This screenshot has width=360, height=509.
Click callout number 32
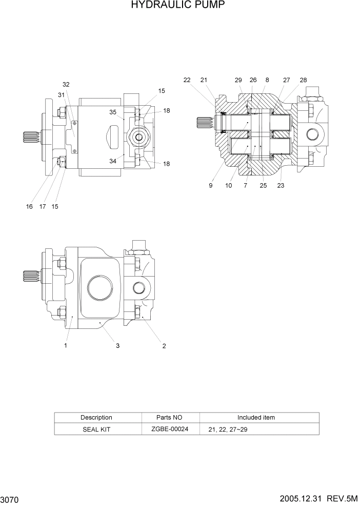click(66, 84)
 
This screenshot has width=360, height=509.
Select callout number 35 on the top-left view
click(113, 111)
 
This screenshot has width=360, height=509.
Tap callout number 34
click(113, 161)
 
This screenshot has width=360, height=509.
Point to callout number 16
click(29, 206)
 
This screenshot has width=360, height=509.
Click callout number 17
click(42, 206)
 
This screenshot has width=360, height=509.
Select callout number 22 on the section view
click(187, 80)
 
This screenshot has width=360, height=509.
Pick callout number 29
click(238, 80)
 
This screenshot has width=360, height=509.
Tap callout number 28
click(303, 80)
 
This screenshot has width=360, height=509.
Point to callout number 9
click(210, 186)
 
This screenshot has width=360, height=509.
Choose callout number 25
click(263, 186)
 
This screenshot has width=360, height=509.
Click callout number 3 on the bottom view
click(117, 346)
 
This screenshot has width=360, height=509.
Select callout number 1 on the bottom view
click(66, 346)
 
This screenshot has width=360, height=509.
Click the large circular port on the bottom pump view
click(99, 286)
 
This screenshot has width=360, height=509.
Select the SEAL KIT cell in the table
click(96, 429)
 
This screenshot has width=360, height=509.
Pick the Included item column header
click(256, 418)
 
